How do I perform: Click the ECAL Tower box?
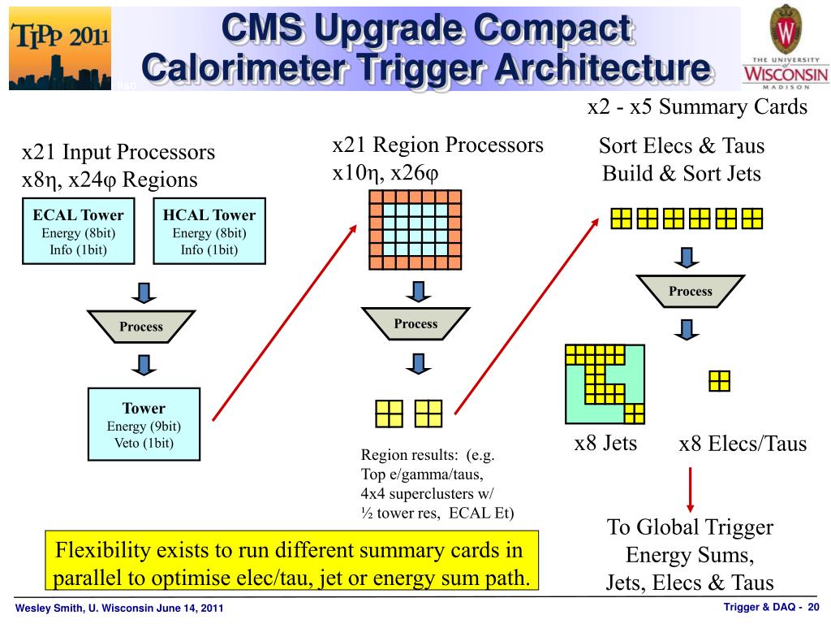(78, 231)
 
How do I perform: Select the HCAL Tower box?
(209, 231)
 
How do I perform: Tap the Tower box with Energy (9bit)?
(144, 425)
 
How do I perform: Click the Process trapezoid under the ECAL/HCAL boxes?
(141, 327)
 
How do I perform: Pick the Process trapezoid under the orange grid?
(415, 323)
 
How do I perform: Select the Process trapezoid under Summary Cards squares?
(690, 291)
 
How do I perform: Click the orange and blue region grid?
(415, 232)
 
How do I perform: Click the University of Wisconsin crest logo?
(785, 30)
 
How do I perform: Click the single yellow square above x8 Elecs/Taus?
(719, 381)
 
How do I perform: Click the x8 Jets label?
(605, 443)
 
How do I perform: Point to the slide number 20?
(813, 608)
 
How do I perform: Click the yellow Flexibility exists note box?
(291, 563)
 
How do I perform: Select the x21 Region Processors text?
(437, 145)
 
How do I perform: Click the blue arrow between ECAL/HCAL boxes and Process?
(144, 292)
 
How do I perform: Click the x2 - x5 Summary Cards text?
(697, 106)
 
